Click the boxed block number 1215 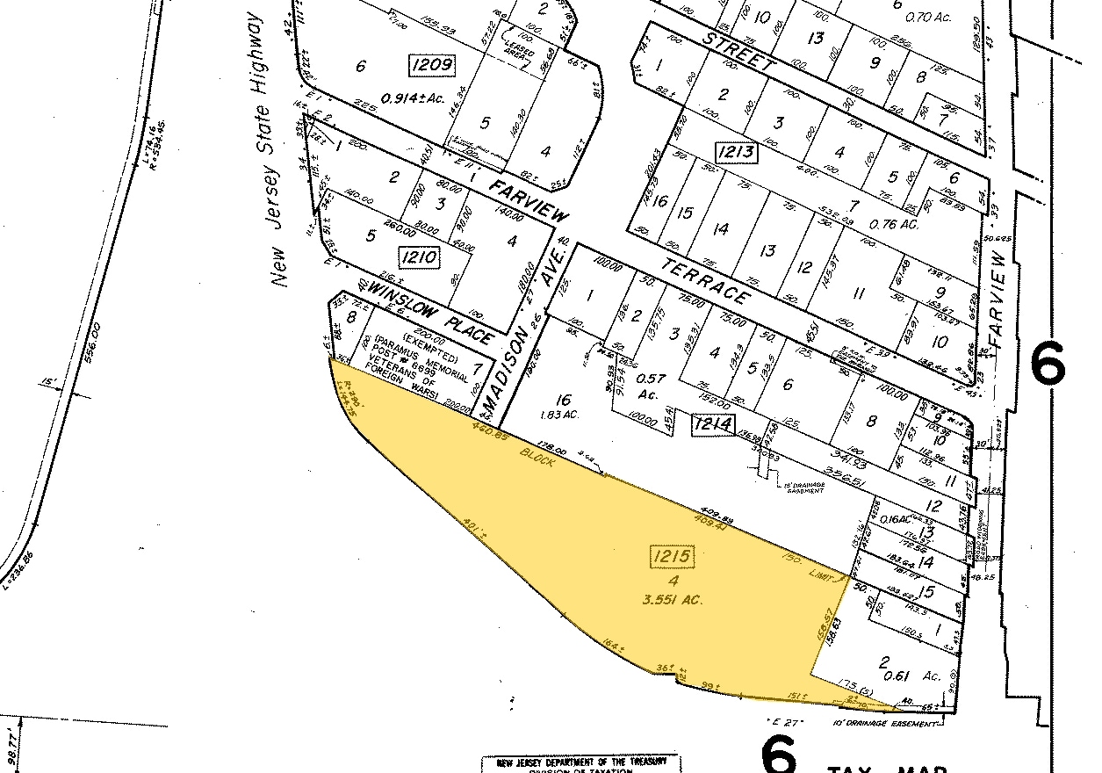tap(673, 557)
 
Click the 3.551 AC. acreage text tap(673, 600)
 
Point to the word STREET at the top tap(738, 52)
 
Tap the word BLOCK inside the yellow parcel tap(537, 457)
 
